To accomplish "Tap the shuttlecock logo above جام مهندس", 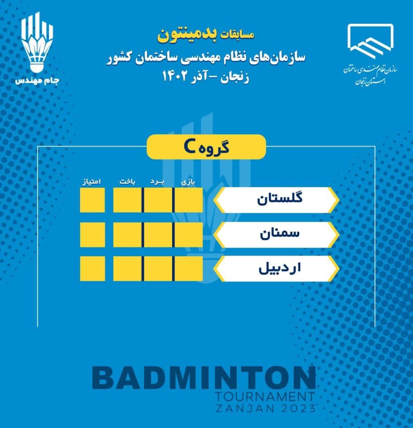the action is [38, 42].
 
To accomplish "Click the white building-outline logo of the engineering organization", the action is [370, 42].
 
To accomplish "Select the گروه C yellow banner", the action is [206, 147].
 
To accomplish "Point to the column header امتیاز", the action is [91, 182].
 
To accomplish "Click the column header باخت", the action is [127, 182].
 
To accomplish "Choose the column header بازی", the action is [188, 183].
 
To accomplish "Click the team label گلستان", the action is [280, 199].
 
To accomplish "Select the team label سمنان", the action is [280, 234].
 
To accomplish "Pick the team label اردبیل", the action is [279, 268].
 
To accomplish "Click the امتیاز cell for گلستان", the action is [92, 200].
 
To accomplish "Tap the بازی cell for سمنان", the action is [189, 235].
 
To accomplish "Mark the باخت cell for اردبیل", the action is [127, 269].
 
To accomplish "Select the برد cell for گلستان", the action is [158, 200].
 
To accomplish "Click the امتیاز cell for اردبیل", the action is [92, 269].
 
